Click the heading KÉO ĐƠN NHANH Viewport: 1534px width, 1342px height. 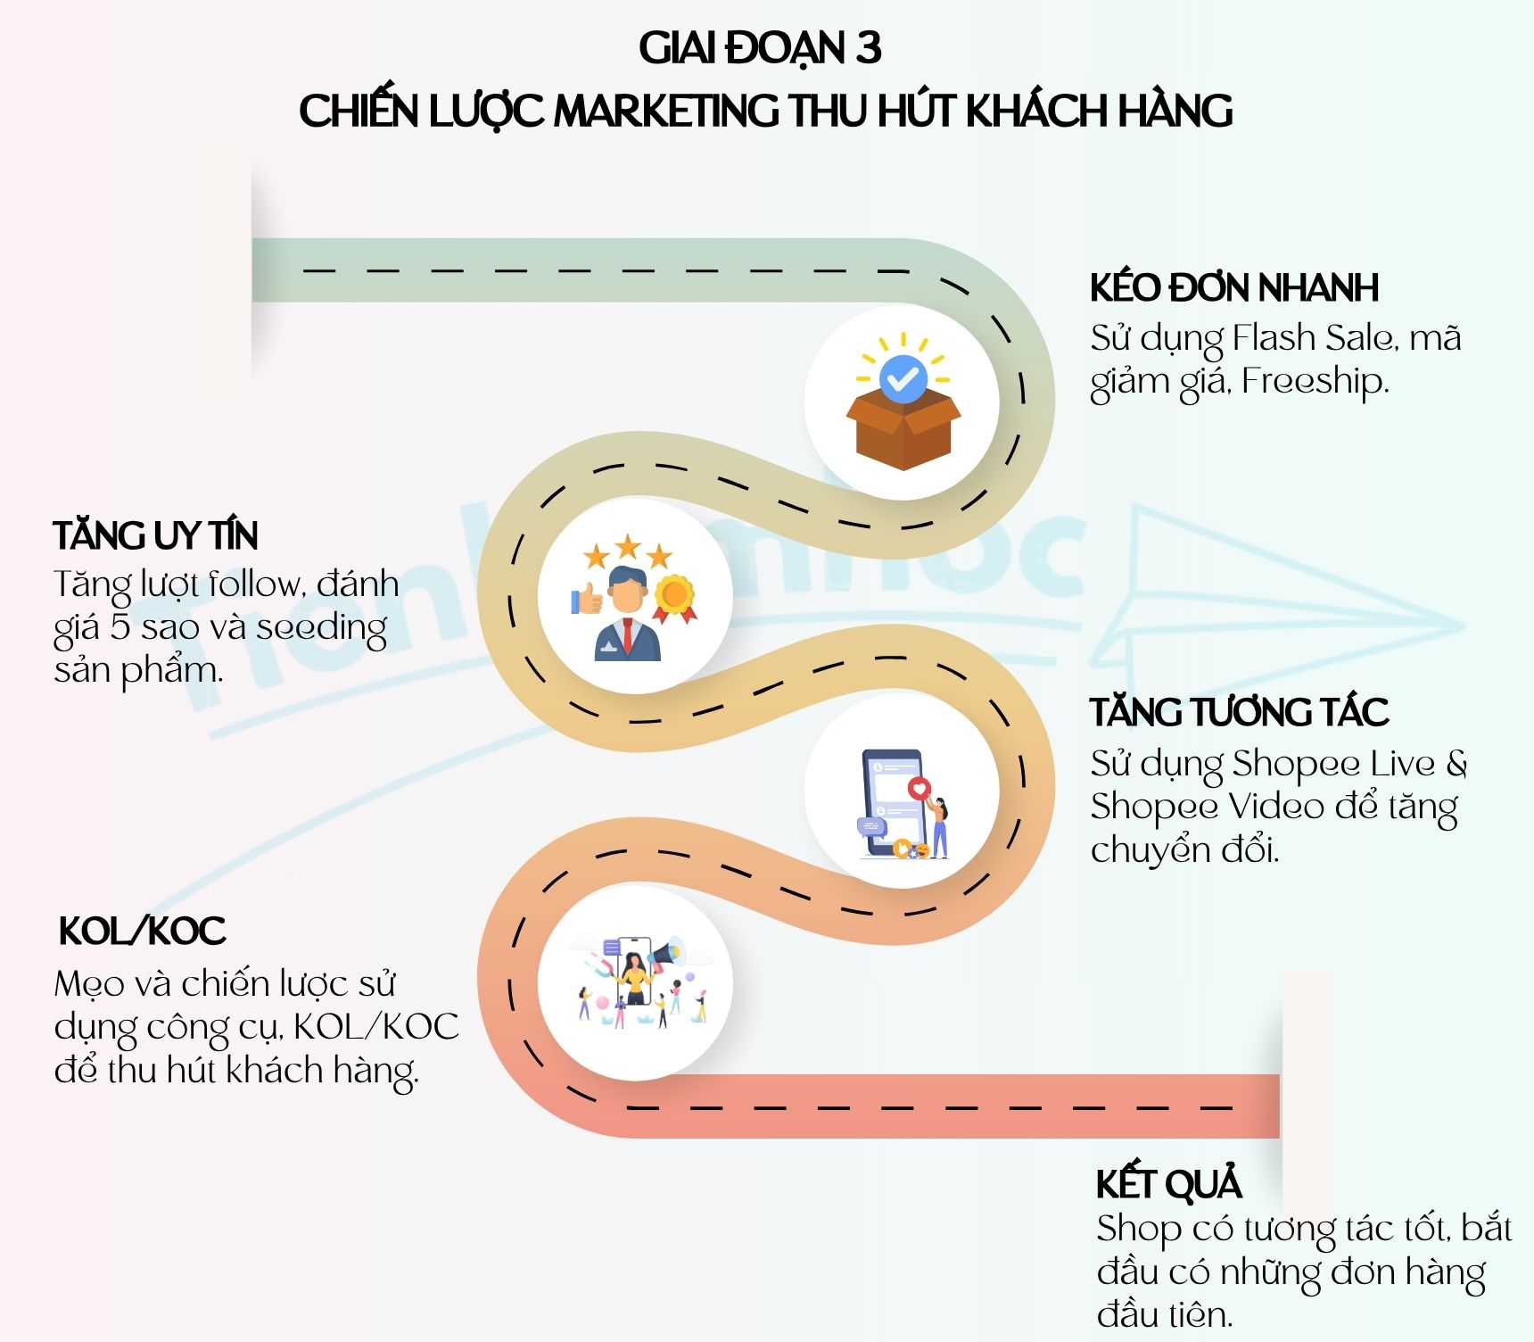point(1233,288)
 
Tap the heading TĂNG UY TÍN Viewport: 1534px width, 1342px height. point(155,535)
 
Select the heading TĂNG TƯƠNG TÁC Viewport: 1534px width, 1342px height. point(1239,712)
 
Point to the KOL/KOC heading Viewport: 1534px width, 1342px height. point(142,932)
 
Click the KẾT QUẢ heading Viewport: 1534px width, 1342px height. point(1168,1184)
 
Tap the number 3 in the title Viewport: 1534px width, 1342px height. point(868,48)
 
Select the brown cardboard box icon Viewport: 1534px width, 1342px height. point(903,430)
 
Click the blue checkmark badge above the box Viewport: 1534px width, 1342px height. point(903,377)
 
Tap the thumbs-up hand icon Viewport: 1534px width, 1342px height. point(587,599)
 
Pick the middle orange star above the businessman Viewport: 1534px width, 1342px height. point(628,545)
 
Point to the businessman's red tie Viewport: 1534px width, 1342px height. point(628,635)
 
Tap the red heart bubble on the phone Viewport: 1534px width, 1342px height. point(918,788)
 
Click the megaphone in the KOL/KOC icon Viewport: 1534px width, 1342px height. point(668,954)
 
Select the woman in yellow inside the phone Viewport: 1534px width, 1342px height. point(634,978)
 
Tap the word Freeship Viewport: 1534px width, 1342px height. point(1315,382)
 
